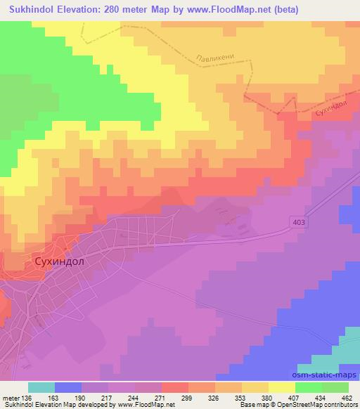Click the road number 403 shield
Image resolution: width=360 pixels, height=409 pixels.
click(298, 221)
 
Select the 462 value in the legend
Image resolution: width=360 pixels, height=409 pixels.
click(347, 397)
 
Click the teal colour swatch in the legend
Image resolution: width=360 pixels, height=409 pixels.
click(41, 387)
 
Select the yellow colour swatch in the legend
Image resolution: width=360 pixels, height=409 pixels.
click(281, 387)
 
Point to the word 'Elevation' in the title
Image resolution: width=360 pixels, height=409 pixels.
click(84, 9)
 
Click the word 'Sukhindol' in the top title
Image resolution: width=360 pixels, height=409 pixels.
click(30, 9)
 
